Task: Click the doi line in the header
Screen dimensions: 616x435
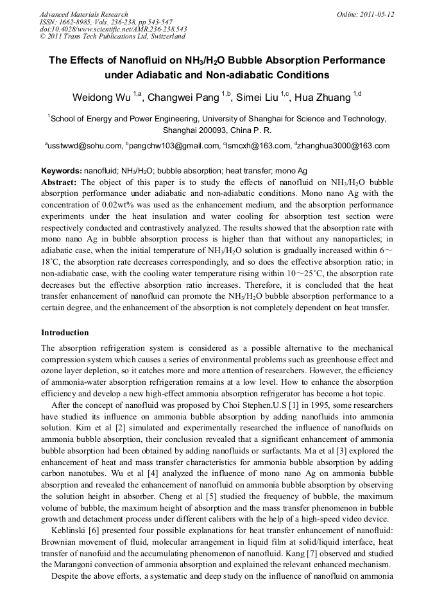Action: pyautogui.click(x=113, y=30)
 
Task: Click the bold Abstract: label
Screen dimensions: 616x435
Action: pyautogui.click(x=59, y=182)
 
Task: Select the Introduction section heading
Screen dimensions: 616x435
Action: pyautogui.click(x=65, y=333)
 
